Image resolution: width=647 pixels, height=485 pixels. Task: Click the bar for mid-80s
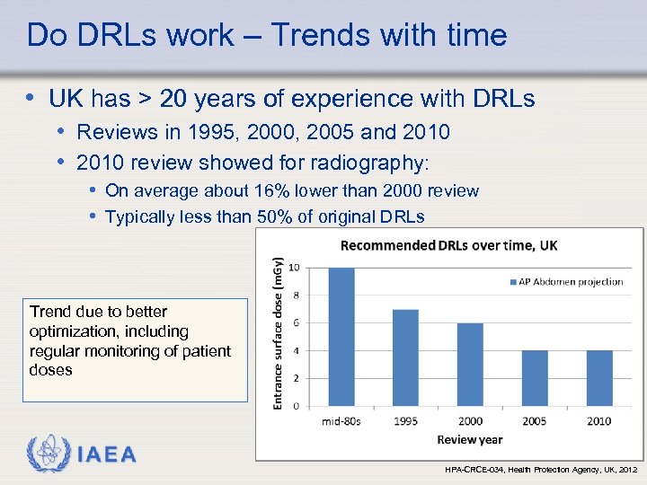[342, 337]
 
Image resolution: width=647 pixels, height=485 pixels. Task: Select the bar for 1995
[406, 357]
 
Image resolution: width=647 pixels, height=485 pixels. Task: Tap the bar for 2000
[470, 365]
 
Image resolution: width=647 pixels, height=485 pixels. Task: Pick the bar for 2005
[534, 378]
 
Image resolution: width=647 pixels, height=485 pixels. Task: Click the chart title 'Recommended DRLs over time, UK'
[448, 246]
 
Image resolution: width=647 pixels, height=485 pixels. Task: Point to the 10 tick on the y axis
[293, 269]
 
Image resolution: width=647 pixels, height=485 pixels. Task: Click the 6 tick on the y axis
[295, 323]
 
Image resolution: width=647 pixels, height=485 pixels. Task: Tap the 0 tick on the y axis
[295, 406]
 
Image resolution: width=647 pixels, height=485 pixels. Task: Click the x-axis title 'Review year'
[469, 439]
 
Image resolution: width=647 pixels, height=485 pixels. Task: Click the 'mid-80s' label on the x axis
[342, 421]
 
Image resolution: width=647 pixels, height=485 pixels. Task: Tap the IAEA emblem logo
[46, 454]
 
